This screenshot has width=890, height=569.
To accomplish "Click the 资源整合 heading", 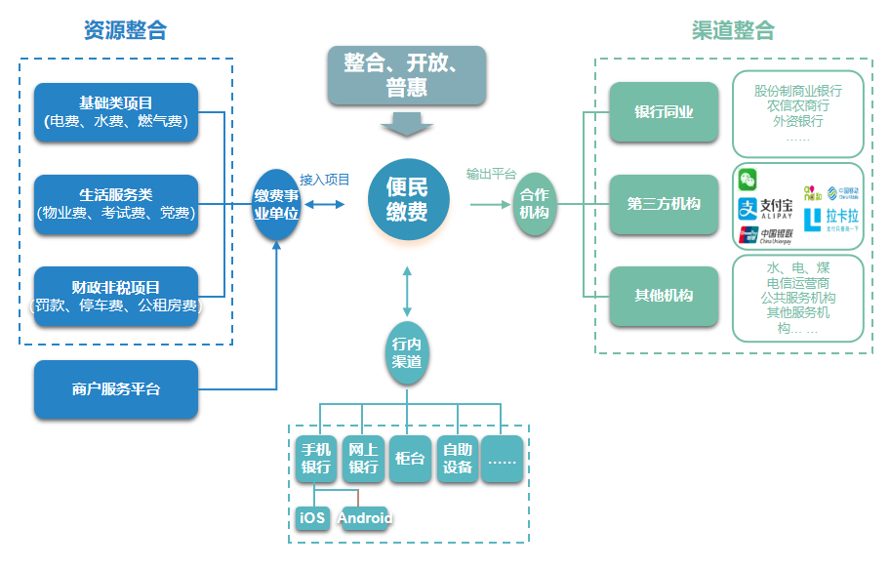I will coord(125,30).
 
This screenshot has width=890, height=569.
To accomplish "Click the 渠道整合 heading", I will coord(733,30).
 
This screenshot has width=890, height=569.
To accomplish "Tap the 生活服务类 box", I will coord(116,204).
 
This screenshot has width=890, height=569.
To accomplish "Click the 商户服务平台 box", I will coord(116,389).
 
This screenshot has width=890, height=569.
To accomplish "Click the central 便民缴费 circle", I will coord(407,198).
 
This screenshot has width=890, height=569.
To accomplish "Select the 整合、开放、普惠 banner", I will coord(407,75).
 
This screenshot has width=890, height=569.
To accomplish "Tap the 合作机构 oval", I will coord(534,204).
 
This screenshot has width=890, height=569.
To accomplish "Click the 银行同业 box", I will coord(665,112).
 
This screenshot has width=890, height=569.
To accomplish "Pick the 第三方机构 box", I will coord(665,204).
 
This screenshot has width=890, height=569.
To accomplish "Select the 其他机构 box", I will coord(665,296).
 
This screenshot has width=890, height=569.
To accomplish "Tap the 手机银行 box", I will coord(316,458).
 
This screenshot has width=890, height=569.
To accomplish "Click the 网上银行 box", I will coord(364,458).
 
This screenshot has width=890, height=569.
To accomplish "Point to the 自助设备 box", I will coord(458,458).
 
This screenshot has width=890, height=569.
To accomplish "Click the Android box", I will coord(364,518).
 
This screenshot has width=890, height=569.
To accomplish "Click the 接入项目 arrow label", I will coord(325,180).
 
